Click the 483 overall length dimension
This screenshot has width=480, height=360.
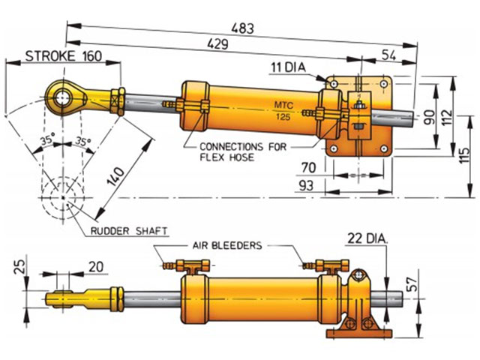pos(241,28)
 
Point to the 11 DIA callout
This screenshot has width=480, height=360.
pos(289,68)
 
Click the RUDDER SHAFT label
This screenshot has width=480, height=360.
pos(127,231)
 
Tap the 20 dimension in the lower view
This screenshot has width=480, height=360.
pos(97,266)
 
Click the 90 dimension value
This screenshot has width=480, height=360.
pos(427,116)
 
